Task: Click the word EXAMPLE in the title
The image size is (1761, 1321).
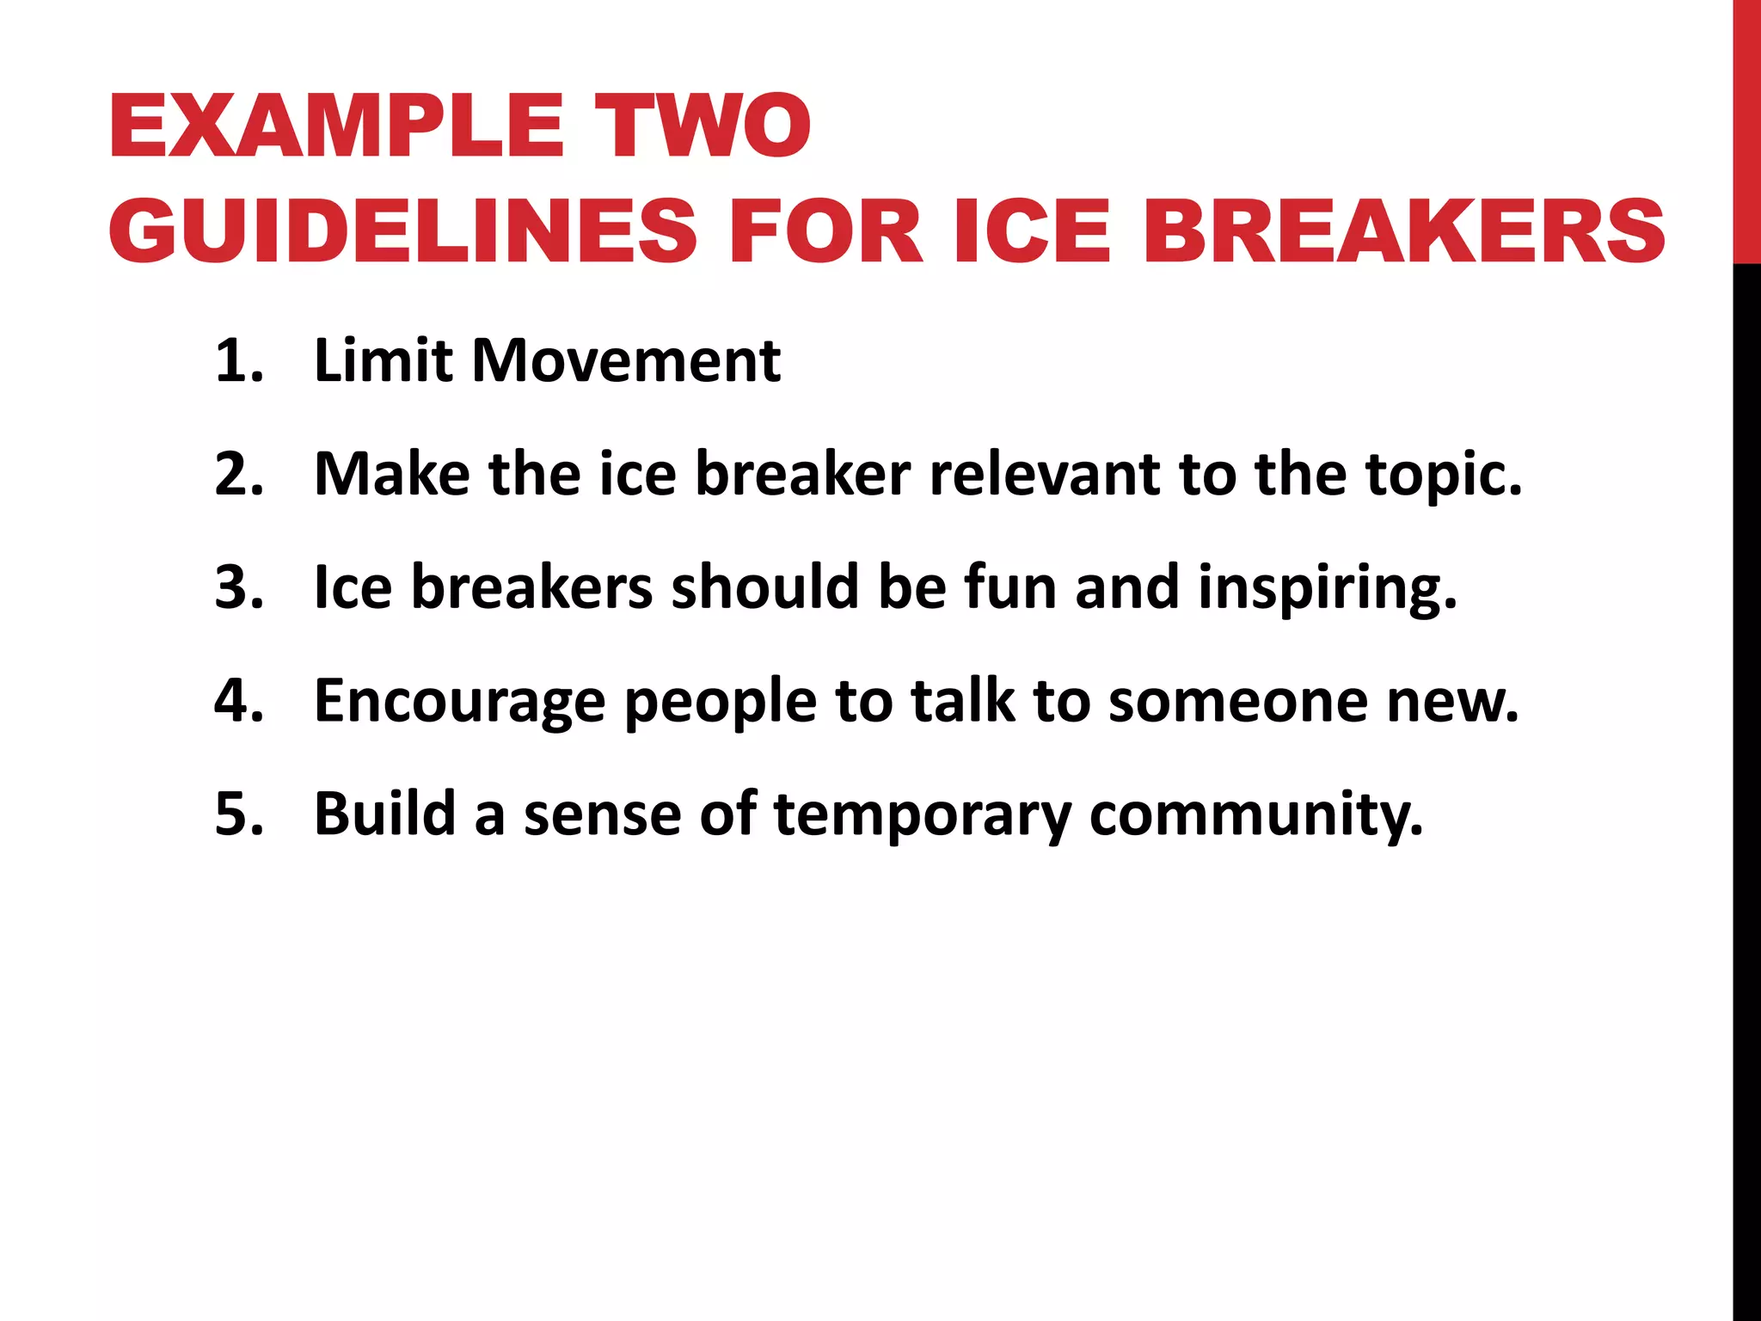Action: pos(335,126)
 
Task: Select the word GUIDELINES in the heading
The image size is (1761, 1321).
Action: pos(402,231)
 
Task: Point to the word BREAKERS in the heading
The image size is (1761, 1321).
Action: pos(1403,231)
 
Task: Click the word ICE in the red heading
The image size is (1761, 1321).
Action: pos(1032,231)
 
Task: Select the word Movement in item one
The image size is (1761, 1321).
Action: pos(626,360)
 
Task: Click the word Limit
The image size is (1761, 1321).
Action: pos(383,360)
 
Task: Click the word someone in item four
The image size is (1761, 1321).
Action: pos(1238,701)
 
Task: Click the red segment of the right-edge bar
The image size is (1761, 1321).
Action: pos(1746,129)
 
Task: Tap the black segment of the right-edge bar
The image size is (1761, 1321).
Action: pos(1746,774)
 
